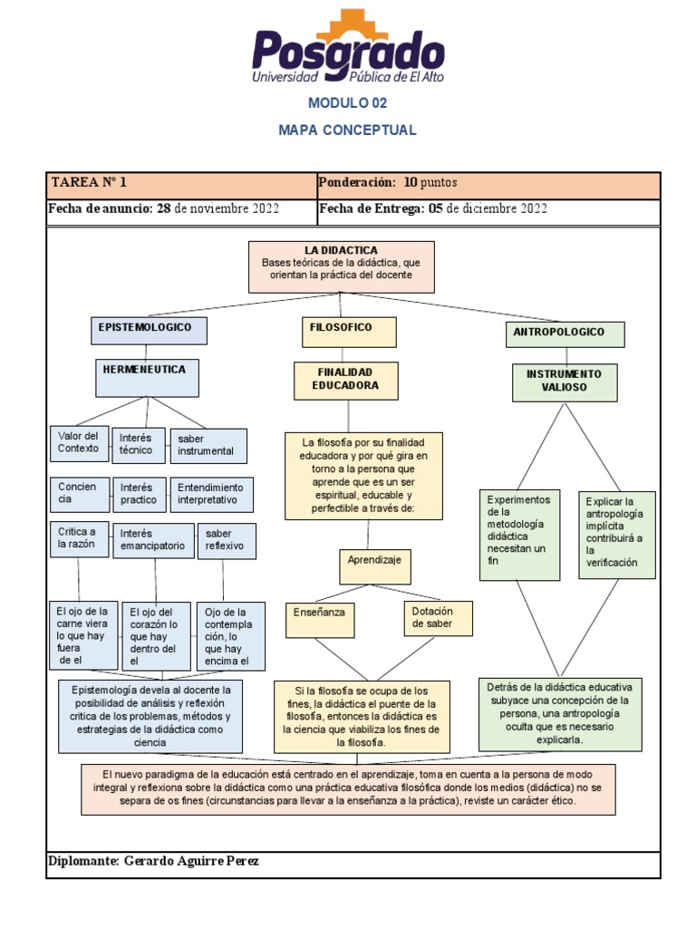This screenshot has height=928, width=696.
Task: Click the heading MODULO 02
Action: coord(348,103)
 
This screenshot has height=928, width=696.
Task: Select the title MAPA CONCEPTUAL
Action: coord(348,130)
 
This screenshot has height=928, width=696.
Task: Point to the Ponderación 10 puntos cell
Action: coord(488,184)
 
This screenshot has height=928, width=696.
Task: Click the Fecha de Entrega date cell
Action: coord(488,210)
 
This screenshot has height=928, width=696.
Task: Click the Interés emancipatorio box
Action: coord(153,540)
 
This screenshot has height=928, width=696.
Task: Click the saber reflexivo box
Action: coord(227,541)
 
